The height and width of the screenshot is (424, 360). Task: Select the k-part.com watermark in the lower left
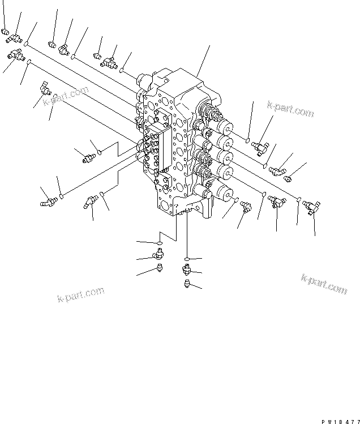(81, 295)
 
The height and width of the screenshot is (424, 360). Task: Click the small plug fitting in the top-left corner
(4, 33)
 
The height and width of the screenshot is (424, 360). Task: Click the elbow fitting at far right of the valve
(277, 169)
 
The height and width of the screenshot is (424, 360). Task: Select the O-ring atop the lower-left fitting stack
(160, 244)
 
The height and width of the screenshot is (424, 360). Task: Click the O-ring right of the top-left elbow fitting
(26, 43)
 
